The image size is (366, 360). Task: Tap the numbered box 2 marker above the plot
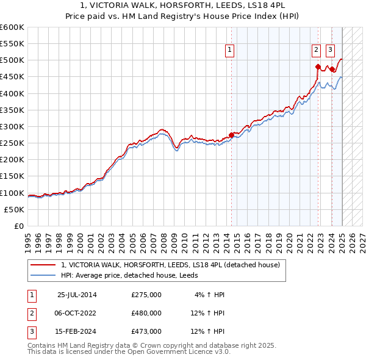[x=317, y=51]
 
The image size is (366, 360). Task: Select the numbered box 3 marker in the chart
[x=330, y=51]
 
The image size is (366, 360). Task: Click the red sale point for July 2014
[x=231, y=134]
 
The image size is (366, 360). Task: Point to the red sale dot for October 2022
[x=318, y=67]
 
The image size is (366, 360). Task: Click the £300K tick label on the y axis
[x=12, y=126]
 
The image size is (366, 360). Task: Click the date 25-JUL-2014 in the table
[x=76, y=295]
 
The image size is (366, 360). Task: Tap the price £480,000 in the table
[x=146, y=313]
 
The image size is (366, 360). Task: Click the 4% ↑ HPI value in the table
[x=210, y=295]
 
